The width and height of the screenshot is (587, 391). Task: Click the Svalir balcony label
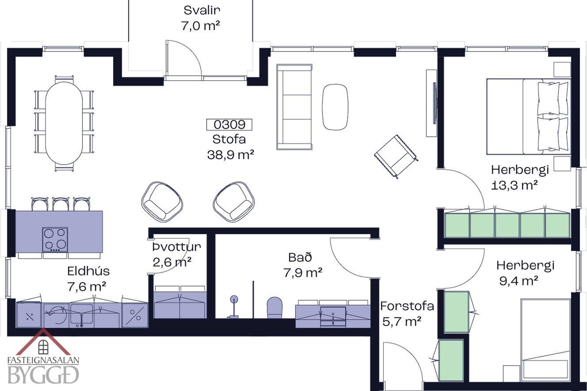pyautogui.click(x=202, y=10)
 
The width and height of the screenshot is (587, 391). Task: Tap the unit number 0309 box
pyautogui.click(x=229, y=125)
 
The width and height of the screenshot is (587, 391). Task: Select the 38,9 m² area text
pyautogui.click(x=231, y=155)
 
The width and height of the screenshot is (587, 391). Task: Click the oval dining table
pyautogui.click(x=64, y=123)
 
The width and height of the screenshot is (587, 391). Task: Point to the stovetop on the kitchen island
pyautogui.click(x=55, y=240)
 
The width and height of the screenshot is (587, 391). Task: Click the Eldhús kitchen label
pyautogui.click(x=88, y=271)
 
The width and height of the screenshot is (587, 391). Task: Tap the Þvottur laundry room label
pyautogui.click(x=177, y=247)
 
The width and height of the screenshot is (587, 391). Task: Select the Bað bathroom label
pyautogui.click(x=300, y=258)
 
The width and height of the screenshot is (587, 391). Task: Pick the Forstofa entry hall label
pyautogui.click(x=407, y=306)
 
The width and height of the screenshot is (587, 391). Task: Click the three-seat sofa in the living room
pyautogui.click(x=294, y=107)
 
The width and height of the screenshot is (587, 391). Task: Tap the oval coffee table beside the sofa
pyautogui.click(x=335, y=107)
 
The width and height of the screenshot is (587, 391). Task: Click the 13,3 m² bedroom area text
pyautogui.click(x=515, y=185)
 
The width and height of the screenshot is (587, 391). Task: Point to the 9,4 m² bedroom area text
pyautogui.click(x=519, y=281)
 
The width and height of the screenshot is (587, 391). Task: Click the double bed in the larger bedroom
pyautogui.click(x=528, y=116)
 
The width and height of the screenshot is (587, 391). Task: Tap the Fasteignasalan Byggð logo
pyautogui.click(x=43, y=360)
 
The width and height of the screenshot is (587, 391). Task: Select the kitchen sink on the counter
pyautogui.click(x=81, y=314)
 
